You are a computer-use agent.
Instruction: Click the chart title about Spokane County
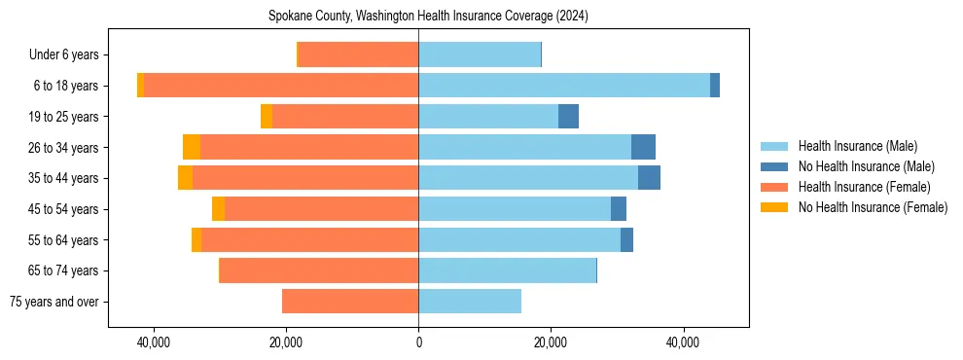(x=428, y=17)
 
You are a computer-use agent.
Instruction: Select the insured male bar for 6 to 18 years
(x=564, y=86)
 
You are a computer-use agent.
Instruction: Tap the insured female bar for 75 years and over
(x=350, y=302)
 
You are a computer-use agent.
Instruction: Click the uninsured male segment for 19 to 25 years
(x=568, y=117)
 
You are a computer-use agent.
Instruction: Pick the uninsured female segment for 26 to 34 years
(x=192, y=147)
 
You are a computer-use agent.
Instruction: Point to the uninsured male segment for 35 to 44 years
(x=649, y=178)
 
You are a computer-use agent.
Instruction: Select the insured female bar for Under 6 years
(x=358, y=54)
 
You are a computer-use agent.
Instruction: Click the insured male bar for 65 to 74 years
(x=507, y=270)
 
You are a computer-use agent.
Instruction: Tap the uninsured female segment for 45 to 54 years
(x=218, y=209)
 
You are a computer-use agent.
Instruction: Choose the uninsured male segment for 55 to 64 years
(x=626, y=239)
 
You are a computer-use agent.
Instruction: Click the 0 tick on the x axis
(x=418, y=342)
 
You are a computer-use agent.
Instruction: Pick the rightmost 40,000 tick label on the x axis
(x=683, y=342)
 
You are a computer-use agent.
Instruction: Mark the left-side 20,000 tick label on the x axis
(x=286, y=342)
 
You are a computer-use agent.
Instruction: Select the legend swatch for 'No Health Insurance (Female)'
(x=774, y=207)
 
